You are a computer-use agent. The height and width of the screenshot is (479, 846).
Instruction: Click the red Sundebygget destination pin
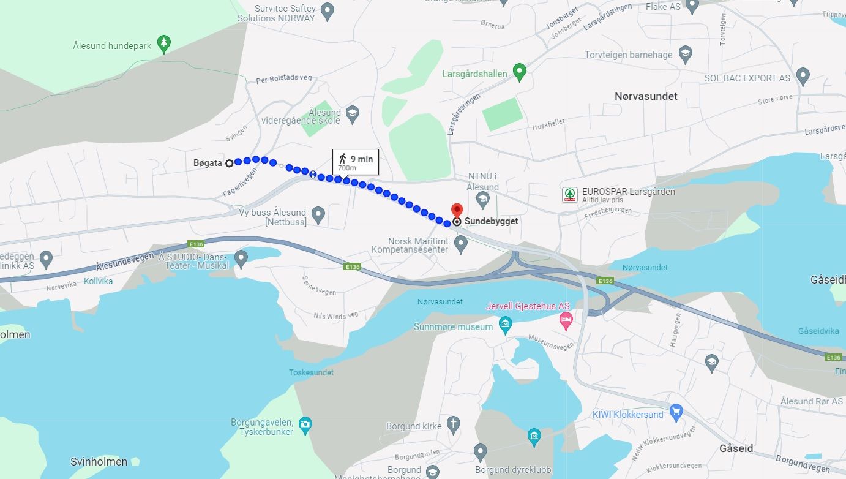(457, 210)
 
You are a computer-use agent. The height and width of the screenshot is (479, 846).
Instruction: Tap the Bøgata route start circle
(230, 163)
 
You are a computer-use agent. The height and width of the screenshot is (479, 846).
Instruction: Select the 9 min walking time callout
(356, 162)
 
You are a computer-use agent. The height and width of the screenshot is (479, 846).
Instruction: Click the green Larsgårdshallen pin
(520, 72)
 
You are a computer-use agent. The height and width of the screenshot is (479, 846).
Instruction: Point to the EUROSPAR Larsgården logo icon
(570, 195)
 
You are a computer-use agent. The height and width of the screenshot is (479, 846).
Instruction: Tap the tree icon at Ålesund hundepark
(163, 43)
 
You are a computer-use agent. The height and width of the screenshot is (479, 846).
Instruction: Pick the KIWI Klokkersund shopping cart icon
(676, 411)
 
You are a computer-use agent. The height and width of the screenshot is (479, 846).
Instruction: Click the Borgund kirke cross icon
(453, 424)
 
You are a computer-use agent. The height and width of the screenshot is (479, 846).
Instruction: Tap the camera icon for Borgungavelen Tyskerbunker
(305, 423)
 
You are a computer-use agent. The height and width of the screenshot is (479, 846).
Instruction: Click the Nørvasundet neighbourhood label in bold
(646, 96)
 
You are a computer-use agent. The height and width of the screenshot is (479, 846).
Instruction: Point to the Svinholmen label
(99, 461)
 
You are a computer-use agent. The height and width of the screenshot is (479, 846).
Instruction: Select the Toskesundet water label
(311, 372)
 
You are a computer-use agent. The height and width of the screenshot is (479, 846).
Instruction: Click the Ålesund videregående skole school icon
(352, 113)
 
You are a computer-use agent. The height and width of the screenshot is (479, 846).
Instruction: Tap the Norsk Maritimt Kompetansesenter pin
(461, 244)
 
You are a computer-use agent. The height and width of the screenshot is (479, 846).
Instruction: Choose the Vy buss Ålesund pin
(318, 214)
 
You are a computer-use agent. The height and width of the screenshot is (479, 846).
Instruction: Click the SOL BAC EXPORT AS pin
(803, 76)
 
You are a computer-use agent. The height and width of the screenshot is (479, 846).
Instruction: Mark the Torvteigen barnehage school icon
(685, 53)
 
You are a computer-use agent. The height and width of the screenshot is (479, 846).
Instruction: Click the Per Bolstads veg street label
(284, 78)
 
